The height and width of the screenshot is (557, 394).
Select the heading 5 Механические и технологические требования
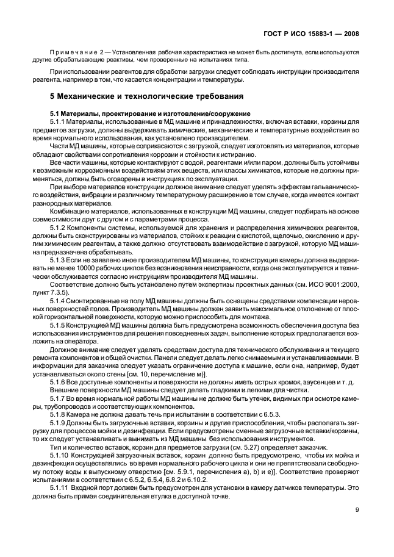[147, 96]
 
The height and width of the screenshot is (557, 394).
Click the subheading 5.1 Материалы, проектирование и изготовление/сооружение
[151, 114]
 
